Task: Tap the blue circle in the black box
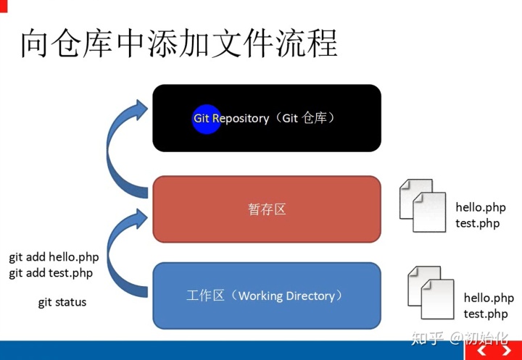coord(206,118)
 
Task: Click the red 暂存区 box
coord(266,209)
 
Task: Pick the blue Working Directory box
coord(266,296)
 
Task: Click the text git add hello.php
coord(54,257)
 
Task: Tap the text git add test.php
coord(51,273)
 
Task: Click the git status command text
coord(62,302)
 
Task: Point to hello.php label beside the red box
coord(481,208)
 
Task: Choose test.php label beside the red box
coord(478,223)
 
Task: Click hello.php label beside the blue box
coord(489,298)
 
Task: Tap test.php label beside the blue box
coord(486,314)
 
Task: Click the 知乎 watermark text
coord(428,338)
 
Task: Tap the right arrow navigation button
coord(506,351)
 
